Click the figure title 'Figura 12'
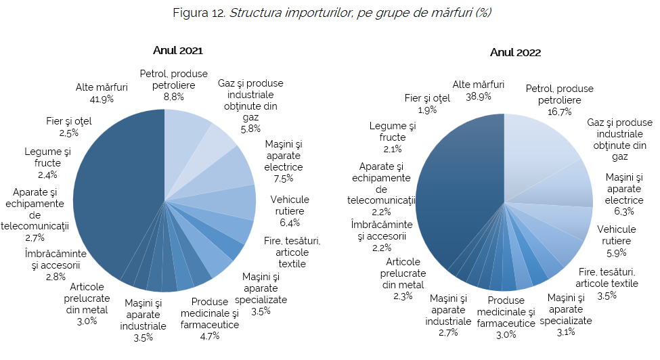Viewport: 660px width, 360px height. [199, 13]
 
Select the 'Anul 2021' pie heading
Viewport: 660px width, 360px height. [177, 50]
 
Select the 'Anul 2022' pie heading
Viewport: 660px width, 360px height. [516, 52]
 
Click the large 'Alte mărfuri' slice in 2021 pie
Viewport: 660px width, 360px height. [115, 196]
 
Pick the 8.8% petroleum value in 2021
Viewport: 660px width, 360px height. [174, 97]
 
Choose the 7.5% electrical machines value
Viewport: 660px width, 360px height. [284, 178]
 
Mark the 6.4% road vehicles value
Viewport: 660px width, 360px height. [289, 222]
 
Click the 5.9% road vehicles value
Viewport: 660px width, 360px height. [616, 252]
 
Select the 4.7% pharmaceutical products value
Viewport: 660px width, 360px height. [209, 336]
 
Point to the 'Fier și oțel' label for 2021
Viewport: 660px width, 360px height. [68, 122]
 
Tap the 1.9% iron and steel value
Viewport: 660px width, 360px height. [427, 110]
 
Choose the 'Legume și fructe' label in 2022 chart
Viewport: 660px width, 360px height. [393, 131]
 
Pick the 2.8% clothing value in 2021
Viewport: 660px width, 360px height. [56, 277]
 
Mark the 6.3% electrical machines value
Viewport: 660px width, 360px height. [624, 211]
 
